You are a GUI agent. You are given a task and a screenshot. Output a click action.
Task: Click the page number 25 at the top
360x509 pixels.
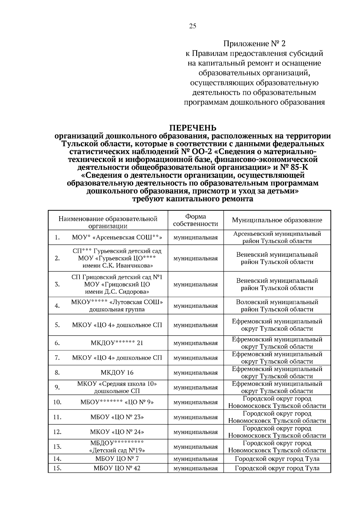[x=193, y=26]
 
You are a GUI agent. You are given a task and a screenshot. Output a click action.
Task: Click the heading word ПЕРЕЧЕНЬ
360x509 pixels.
[x=193, y=128]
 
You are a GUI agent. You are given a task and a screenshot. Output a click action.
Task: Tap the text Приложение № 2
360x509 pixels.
[x=254, y=44]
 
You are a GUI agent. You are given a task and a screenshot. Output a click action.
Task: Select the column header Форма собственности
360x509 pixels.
[x=195, y=220]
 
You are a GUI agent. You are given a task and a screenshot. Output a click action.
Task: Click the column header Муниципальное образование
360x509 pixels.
[x=277, y=220]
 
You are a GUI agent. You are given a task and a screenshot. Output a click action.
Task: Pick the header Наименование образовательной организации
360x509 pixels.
[x=108, y=222]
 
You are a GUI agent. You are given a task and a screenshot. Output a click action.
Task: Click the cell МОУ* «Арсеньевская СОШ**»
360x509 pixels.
[x=117, y=238]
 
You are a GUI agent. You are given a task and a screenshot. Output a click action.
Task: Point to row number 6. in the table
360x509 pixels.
[x=57, y=343]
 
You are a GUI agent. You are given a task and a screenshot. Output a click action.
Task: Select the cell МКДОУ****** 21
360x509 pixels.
[x=117, y=343]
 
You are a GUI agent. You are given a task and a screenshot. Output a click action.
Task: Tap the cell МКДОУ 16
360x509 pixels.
[x=117, y=373]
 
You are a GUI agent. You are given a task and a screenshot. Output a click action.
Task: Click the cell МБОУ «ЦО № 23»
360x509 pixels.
[x=117, y=417]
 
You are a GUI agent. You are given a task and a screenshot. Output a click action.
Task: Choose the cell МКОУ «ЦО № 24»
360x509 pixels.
[x=117, y=432]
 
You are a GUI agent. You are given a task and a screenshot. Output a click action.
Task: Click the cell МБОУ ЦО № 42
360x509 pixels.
[x=117, y=468]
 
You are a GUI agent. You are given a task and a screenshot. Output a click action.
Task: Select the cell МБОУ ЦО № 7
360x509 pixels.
[x=117, y=459]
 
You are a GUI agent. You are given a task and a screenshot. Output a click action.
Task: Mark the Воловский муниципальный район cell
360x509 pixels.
[x=277, y=306]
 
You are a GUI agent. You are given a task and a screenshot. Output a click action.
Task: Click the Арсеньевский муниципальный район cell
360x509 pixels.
[x=277, y=237]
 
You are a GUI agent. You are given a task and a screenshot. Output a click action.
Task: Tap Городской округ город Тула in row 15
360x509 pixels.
[x=277, y=468]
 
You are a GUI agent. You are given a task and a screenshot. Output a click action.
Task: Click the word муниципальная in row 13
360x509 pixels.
[x=195, y=447]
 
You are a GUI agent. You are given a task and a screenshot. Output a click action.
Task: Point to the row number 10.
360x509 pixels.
[x=57, y=402]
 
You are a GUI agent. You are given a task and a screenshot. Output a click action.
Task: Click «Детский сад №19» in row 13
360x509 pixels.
[x=117, y=450]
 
